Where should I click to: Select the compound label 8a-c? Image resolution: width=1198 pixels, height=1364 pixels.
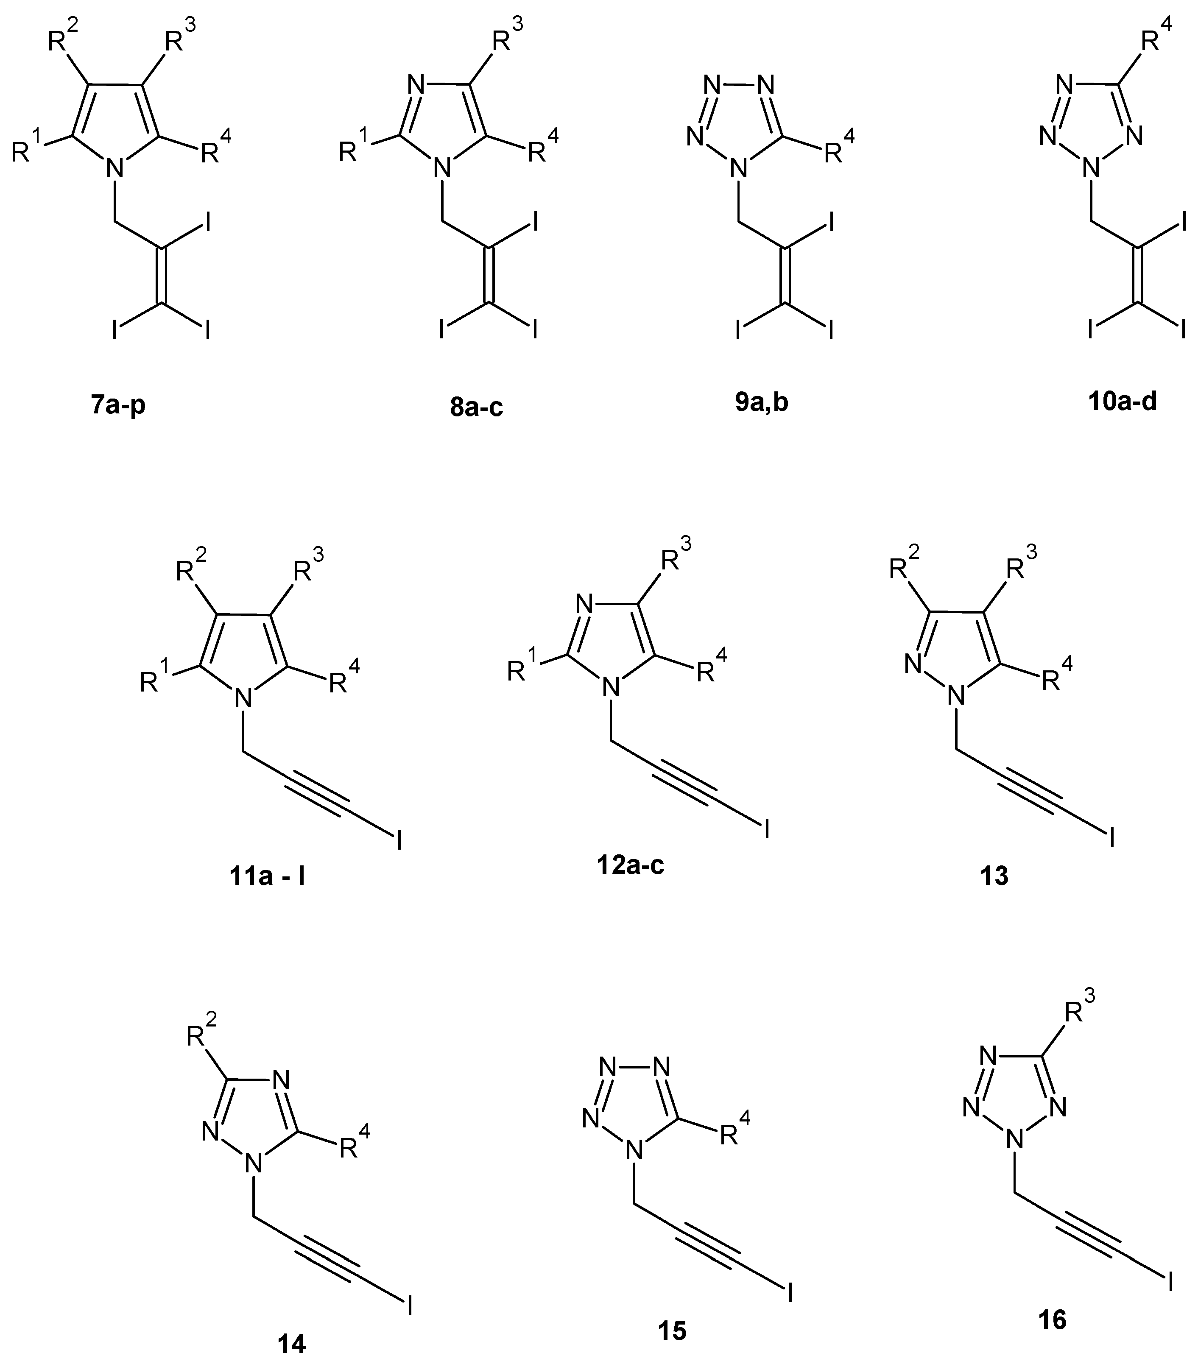(476, 406)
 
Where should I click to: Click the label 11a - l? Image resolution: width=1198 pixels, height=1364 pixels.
(265, 876)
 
